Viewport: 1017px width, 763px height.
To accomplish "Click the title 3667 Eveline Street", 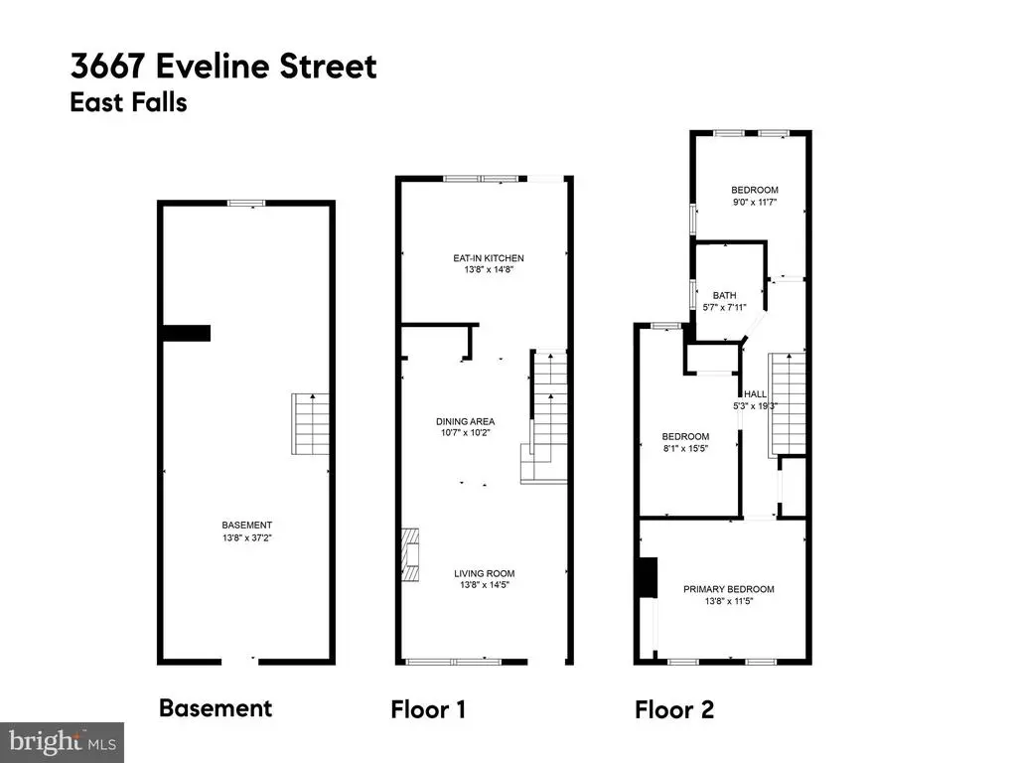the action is pos(223,67).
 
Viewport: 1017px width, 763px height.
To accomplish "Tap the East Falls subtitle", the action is pos(128,102).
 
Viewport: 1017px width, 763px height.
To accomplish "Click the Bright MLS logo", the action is pos(63,742).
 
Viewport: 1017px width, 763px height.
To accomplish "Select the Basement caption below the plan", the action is pos(216,707).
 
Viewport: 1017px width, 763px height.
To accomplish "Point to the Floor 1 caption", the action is pos(428,709).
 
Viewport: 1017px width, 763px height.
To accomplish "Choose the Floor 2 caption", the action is pos(674,709).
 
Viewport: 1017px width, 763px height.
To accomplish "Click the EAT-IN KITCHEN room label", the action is pos(489,258).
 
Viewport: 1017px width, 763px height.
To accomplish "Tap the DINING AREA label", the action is pos(465,421).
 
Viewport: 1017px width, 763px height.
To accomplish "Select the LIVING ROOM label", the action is pos(485,573).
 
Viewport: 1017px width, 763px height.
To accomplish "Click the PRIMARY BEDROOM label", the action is pos(728,589).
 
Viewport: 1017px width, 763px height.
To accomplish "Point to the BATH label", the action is pos(724,295).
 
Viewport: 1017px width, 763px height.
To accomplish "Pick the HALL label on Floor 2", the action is pos(755,393).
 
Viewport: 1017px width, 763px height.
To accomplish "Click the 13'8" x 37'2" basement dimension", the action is pos(246,537).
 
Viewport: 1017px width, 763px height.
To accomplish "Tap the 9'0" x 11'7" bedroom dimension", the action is pos(755,202).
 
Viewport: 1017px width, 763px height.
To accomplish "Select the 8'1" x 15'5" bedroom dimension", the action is pos(685,448).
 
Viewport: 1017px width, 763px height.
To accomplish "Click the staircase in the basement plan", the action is pos(311,423).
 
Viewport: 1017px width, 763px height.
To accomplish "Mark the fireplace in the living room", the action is pos(410,554).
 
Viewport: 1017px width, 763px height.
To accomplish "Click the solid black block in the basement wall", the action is pos(186,333).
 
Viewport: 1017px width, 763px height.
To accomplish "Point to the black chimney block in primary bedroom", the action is pos(648,577).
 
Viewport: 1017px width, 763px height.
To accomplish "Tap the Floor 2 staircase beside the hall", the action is pos(788,404).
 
